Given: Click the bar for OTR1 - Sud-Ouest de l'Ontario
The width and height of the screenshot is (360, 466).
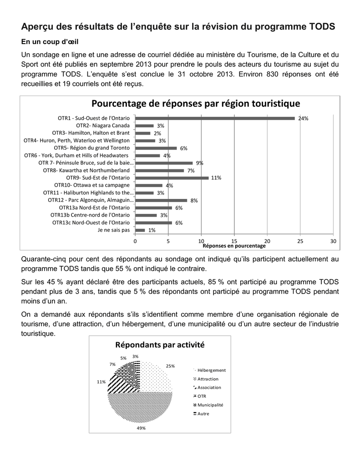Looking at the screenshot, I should pyautogui.click(x=215, y=118).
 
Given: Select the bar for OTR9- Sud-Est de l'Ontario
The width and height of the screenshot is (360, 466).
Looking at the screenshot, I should pyautogui.click(x=172, y=178).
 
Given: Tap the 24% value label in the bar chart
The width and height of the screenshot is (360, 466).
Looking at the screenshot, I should pyautogui.click(x=304, y=118).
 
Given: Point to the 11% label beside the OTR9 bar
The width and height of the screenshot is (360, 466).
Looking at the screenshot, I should pyautogui.click(x=216, y=178).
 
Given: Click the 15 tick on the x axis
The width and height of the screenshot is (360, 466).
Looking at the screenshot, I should pyautogui.click(x=234, y=241).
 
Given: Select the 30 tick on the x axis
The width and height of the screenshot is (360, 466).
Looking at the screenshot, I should pyautogui.click(x=333, y=241).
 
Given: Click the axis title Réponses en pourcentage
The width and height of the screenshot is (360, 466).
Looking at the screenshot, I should pyautogui.click(x=233, y=246).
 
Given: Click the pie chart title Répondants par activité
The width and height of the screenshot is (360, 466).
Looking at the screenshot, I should pyautogui.click(x=160, y=345).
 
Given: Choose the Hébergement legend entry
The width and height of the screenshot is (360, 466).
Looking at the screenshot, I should pyautogui.click(x=211, y=370).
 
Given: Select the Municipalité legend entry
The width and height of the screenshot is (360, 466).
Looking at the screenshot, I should pyautogui.click(x=210, y=405).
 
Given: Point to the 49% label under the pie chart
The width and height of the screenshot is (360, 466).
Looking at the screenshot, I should pyautogui.click(x=141, y=428).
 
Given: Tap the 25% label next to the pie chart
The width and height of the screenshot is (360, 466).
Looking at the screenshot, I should pyautogui.click(x=170, y=366).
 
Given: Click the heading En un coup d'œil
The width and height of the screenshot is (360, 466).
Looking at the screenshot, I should pyautogui.click(x=50, y=42).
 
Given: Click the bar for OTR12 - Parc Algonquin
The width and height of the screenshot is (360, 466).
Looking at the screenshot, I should pyautogui.click(x=162, y=200).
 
